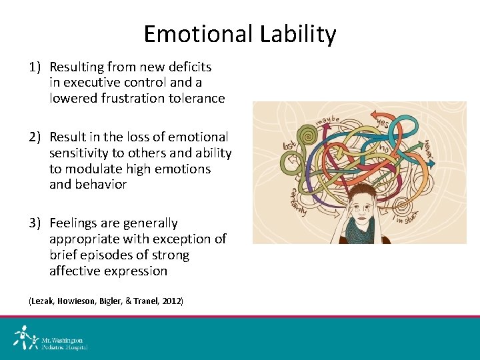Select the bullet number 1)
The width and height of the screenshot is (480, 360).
click(35, 67)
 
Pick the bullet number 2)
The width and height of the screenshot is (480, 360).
click(35, 137)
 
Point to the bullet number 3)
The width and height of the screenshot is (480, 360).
click(35, 223)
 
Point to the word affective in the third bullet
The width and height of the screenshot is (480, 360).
click(75, 271)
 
